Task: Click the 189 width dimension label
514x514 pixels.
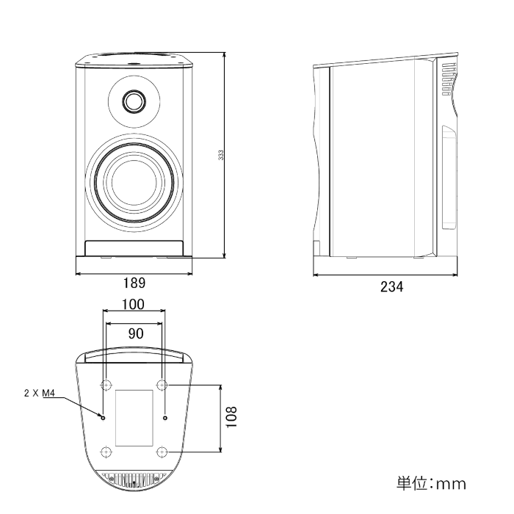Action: [134, 283]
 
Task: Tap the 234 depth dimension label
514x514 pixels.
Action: [391, 286]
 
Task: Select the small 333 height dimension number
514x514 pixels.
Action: [221, 155]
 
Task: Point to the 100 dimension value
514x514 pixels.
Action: [133, 304]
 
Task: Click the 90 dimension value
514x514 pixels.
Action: [136, 333]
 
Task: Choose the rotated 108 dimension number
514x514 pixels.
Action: [231, 416]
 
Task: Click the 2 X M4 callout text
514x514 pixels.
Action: [40, 393]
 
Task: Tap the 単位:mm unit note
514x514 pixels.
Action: [431, 483]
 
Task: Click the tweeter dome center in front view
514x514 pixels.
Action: [134, 101]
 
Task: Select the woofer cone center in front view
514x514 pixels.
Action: [134, 182]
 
